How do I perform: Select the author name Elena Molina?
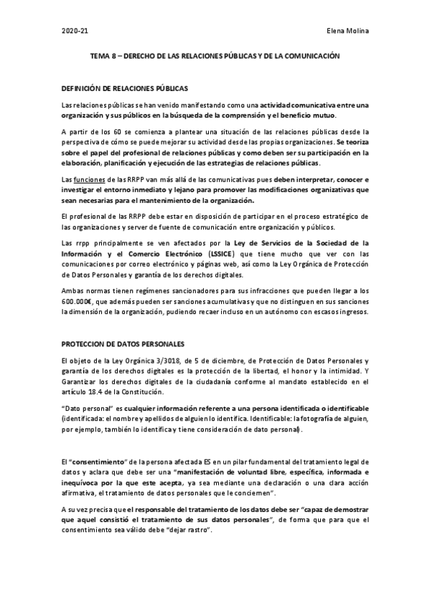point(347,33)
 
